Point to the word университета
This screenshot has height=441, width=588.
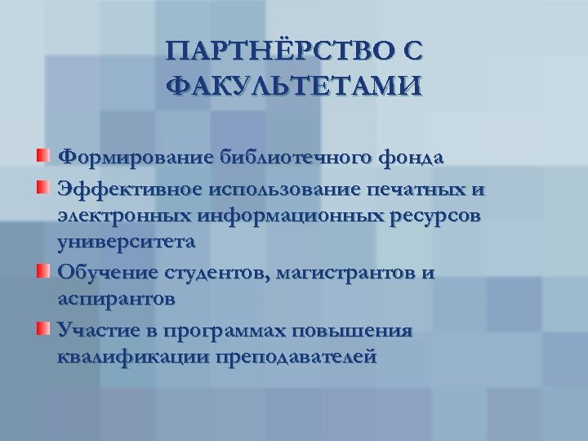coord(127,243)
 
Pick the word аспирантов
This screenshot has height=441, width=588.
coord(115,299)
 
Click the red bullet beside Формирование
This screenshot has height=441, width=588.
coord(42,155)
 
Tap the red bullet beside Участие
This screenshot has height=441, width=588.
coord(42,330)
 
